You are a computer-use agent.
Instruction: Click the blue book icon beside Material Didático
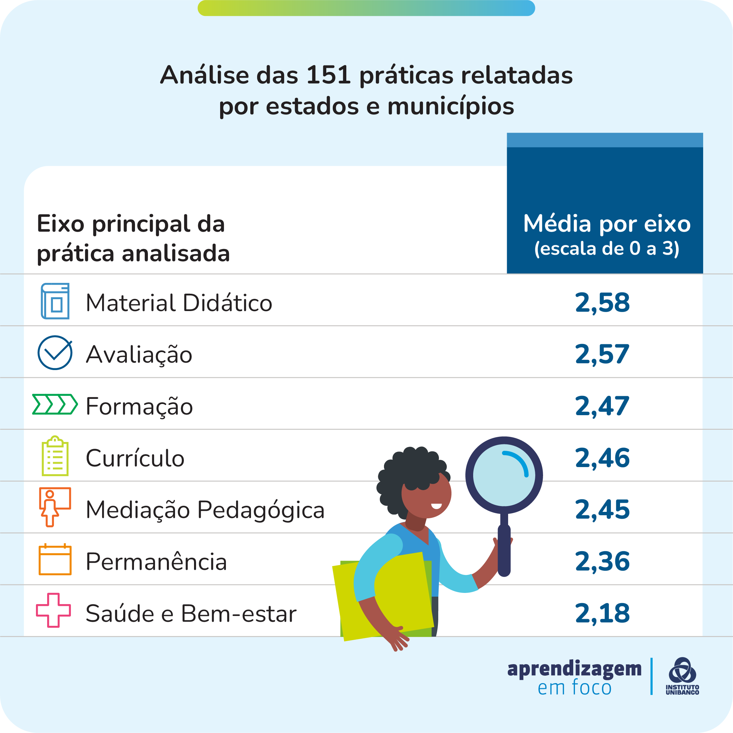55,301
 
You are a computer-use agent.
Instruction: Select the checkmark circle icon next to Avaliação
55,352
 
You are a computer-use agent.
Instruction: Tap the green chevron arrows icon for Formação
55,404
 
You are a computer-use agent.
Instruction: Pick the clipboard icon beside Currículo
55,456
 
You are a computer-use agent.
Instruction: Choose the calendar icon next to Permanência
55,559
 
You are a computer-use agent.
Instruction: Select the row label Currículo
135,458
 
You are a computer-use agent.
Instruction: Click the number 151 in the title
329,75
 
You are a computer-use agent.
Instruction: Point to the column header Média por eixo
607,224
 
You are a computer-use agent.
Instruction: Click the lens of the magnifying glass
504,475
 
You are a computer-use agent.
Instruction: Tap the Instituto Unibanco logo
682,676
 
